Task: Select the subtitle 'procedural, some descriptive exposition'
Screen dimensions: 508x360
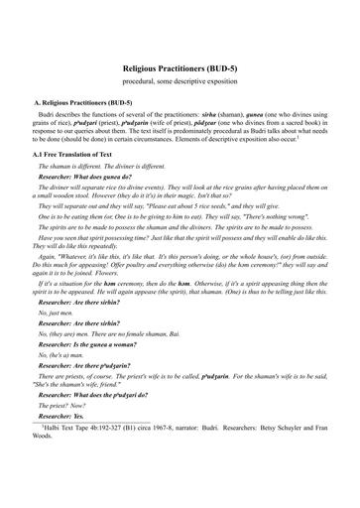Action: pos(180,76)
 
